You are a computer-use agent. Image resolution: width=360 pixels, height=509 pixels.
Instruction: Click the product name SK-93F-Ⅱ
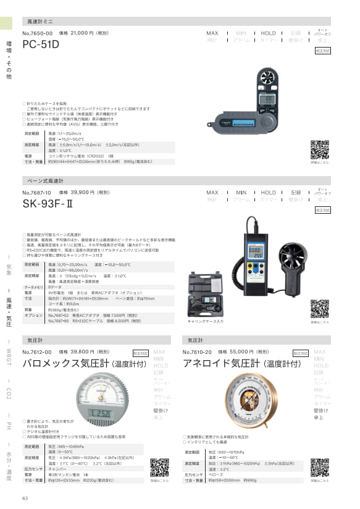click(x=50, y=204)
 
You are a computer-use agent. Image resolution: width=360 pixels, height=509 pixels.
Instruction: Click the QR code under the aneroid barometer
click(x=319, y=468)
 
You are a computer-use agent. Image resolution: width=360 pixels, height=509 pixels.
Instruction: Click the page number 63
click(x=25, y=498)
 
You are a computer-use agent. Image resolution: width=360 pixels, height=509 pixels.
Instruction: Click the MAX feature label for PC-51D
click(x=212, y=33)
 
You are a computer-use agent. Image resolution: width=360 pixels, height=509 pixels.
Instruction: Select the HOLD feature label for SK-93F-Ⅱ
click(x=269, y=193)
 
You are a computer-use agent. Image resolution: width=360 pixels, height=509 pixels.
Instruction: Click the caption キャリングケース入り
click(x=204, y=322)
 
